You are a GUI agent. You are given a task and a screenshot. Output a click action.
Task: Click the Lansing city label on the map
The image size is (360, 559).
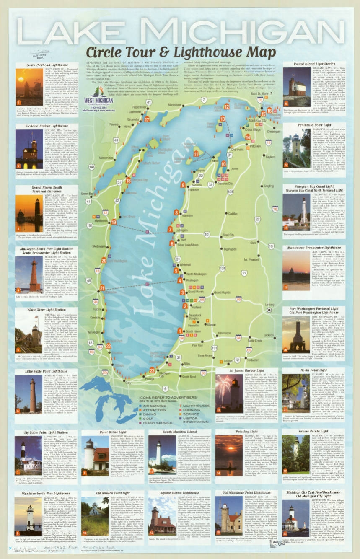[269, 304]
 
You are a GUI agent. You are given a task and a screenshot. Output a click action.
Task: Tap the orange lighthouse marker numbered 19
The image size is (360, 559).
[114, 222]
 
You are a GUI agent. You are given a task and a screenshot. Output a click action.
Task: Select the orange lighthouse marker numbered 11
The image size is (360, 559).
[196, 154]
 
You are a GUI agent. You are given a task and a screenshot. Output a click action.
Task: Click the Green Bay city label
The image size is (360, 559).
[87, 194]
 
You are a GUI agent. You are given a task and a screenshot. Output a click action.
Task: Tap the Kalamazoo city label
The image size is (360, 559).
[224, 333]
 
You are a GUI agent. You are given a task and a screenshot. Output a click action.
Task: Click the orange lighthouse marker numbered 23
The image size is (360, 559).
[152, 370]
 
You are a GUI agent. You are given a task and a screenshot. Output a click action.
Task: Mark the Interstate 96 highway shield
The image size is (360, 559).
[238, 299]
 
